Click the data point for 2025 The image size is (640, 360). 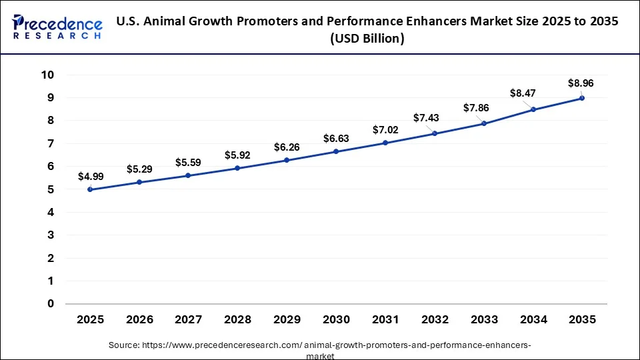90,189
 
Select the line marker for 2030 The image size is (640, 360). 336,151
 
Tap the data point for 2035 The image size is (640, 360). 582,98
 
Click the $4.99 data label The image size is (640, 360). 91,177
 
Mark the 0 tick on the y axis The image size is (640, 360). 51,304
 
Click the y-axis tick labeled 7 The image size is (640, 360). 51,143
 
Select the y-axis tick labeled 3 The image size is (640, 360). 51,235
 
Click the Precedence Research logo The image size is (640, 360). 57,27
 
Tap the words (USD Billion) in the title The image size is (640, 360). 367,39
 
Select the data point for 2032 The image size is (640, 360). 434,133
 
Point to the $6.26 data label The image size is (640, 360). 287,147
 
